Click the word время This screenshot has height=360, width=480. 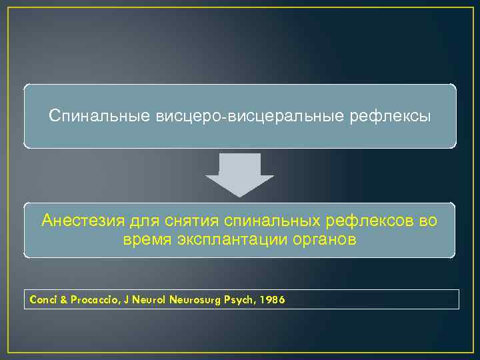pyautogui.click(x=147, y=239)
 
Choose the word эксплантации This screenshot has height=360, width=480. pyautogui.click(x=233, y=239)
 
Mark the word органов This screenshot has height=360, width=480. pyautogui.click(x=325, y=239)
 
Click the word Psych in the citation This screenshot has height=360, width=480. pyautogui.click(x=240, y=300)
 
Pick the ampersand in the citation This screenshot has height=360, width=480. pyautogui.click(x=65, y=300)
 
